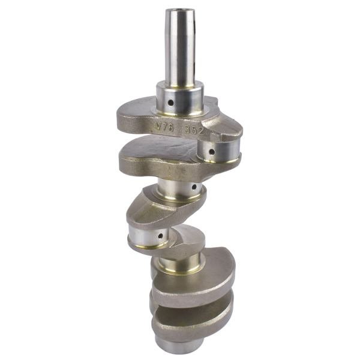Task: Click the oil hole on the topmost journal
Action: pyautogui.click(x=170, y=103)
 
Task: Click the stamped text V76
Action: pyautogui.click(x=162, y=127)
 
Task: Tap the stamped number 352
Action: pyautogui.click(x=194, y=128)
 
